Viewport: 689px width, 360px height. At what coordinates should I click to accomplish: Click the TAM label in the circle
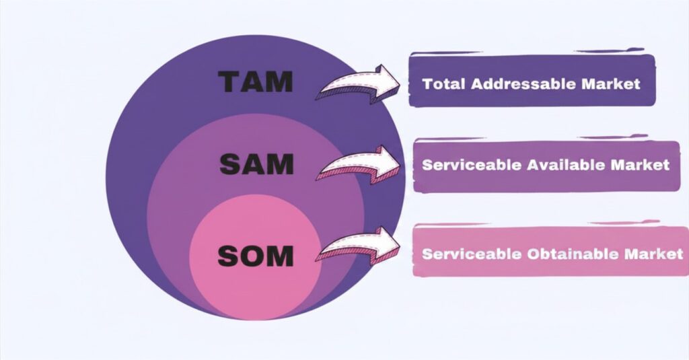pos(256,81)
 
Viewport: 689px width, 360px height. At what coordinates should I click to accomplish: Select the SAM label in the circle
pos(256,164)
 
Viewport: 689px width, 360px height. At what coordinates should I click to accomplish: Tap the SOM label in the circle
pos(255,255)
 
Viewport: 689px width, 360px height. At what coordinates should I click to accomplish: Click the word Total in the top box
pos(445,85)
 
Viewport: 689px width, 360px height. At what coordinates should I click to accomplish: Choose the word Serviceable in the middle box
pos(462,165)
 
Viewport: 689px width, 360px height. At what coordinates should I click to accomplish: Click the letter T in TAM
pos(230,81)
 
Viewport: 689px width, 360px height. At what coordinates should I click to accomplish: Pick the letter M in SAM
pos(281,164)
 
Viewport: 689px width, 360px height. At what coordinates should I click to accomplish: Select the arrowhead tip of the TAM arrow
pos(400,83)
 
